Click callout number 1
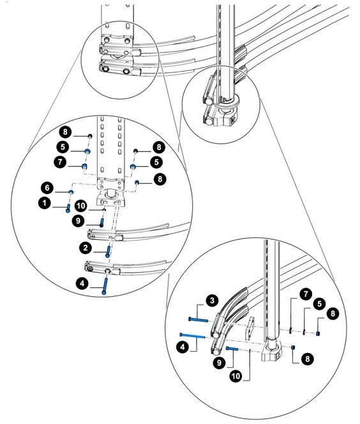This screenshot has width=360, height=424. coord(45,203)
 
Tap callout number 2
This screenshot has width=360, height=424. coord(86,248)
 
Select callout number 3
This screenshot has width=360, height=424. coord(212,301)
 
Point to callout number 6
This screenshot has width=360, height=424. coord(47,188)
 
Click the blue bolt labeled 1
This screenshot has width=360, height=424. coord(68,208)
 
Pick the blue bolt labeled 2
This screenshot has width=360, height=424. coord(108,252)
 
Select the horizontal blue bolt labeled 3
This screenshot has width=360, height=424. coord(198,320)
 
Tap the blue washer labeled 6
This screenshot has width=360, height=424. coord(71,192)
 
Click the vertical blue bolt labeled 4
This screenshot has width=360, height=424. coord(105,286)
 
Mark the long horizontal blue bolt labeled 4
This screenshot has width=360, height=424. coord(192,336)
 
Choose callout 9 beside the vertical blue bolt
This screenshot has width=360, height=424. coord(78,221)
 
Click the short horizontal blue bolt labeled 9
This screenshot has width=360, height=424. coord(232,349)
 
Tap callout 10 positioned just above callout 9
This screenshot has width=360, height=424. coord(81,206)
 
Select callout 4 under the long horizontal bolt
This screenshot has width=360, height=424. coord(183,347)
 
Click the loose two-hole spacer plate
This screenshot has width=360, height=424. coord(250,328)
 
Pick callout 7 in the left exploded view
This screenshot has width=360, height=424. coord(60,162)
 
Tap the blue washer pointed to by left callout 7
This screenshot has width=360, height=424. coord(84,166)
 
